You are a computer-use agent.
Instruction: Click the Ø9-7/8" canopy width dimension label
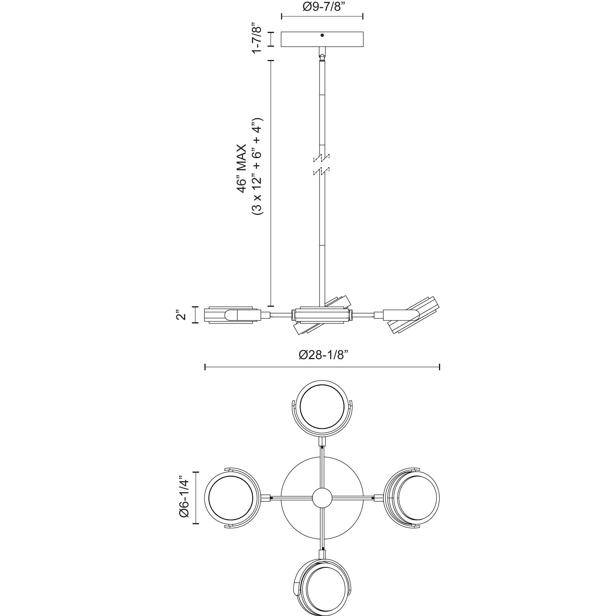[x=322, y=7]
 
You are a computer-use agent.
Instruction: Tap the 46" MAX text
[x=242, y=168]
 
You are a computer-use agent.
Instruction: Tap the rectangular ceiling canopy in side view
[x=322, y=39]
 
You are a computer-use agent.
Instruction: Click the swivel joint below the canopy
[x=322, y=55]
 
